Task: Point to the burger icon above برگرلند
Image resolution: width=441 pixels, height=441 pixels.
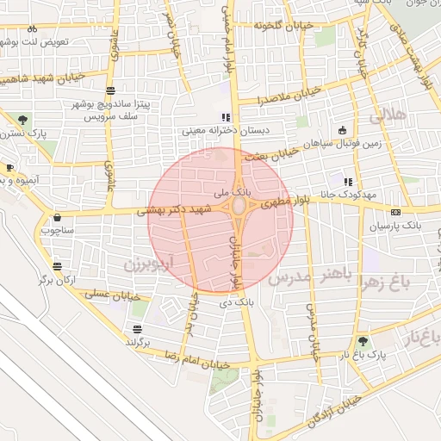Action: coord(137,329)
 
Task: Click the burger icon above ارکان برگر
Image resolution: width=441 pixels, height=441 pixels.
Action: coord(57,266)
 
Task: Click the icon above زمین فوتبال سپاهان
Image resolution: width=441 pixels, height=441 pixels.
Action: coord(343,130)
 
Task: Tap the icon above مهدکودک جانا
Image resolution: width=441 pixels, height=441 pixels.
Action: coord(347,182)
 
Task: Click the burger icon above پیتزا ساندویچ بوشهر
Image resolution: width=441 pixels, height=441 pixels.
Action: coord(110,90)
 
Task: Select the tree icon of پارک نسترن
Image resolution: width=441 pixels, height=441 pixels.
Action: coord(22,120)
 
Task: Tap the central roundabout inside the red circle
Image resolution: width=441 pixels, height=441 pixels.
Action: coord(237,209)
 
